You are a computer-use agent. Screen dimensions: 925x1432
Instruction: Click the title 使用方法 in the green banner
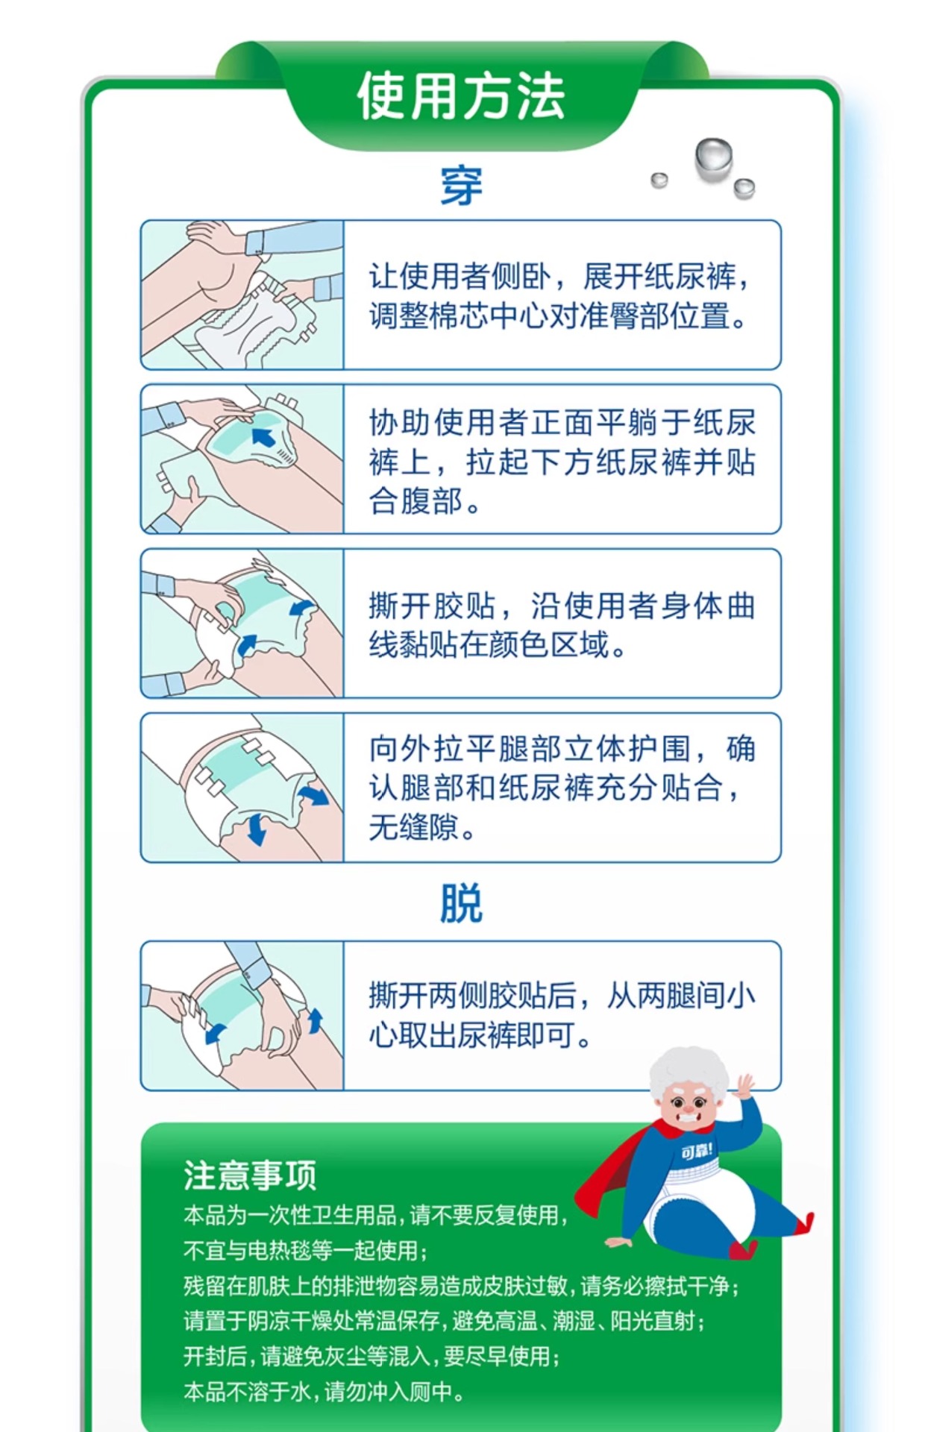(461, 97)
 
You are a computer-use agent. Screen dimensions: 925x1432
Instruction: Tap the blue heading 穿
(462, 186)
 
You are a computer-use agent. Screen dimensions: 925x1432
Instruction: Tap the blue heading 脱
(462, 903)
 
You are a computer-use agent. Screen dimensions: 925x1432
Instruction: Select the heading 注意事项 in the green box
(250, 1175)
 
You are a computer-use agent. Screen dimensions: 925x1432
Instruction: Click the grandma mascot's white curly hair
(688, 1074)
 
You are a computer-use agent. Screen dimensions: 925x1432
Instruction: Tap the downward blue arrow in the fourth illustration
(256, 829)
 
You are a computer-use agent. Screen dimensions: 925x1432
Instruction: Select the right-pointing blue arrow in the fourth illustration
(314, 795)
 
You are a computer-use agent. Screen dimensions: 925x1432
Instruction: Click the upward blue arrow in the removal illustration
(316, 1020)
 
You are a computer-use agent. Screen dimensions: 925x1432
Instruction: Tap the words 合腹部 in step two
(416, 501)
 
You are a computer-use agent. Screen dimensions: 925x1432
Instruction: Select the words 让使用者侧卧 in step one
(460, 277)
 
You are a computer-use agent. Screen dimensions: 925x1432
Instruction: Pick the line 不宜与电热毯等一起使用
(306, 1250)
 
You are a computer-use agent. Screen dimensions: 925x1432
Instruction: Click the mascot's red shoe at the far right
(803, 1222)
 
